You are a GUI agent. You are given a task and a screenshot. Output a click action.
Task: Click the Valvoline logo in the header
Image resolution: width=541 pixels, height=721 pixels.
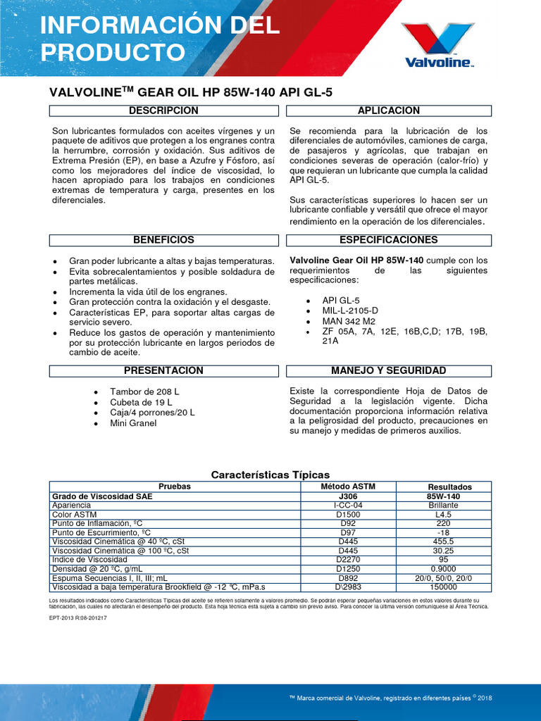[437, 44]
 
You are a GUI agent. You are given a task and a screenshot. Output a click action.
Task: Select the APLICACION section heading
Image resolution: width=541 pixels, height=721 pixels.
[389, 111]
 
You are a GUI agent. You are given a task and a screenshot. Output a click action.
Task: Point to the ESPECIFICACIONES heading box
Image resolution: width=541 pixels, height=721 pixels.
[389, 240]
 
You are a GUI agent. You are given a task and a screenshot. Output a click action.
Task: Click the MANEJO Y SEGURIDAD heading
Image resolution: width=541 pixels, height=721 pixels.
[389, 370]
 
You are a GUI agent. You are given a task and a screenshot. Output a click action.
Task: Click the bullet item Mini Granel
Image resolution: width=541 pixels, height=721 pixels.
[133, 423]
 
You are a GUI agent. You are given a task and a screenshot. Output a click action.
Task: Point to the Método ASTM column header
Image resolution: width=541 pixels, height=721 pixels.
[349, 487]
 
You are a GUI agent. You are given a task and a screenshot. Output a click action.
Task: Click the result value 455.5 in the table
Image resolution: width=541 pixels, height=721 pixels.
[443, 541]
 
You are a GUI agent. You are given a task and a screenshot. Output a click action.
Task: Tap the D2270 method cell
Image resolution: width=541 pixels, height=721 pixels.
[349, 559]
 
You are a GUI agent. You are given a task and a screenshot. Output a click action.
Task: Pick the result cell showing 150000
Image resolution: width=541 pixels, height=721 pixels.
[443, 587]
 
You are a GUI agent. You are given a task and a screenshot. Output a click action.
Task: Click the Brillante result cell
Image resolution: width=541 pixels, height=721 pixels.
[443, 505]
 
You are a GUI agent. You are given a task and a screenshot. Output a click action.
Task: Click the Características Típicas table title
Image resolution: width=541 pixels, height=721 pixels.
[270, 475]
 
